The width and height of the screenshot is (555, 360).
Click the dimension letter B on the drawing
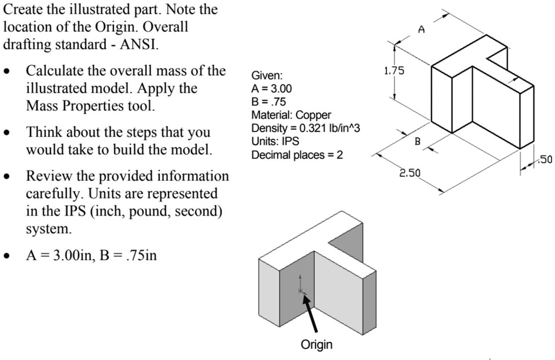click(418, 141)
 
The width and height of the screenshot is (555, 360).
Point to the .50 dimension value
click(546, 158)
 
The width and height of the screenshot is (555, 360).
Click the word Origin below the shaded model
click(316, 344)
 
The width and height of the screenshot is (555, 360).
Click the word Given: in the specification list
click(267, 76)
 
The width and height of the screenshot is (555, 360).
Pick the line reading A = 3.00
click(271, 89)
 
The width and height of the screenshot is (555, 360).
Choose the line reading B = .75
click(269, 102)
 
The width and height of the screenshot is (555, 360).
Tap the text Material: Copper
click(291, 115)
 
